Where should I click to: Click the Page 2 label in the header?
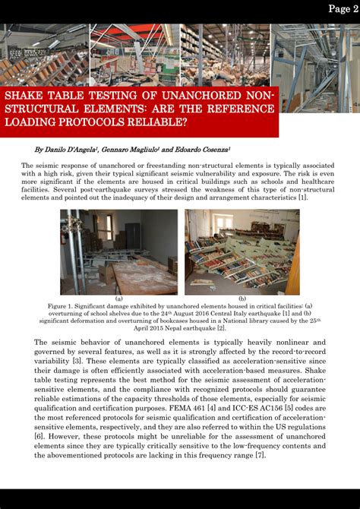tap(343, 9)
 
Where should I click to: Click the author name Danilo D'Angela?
tap(66, 151)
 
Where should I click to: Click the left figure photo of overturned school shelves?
tap(119, 251)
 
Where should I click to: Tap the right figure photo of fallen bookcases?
tap(242, 251)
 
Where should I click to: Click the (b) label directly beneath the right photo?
tap(242, 299)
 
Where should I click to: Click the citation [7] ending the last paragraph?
tap(260, 454)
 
